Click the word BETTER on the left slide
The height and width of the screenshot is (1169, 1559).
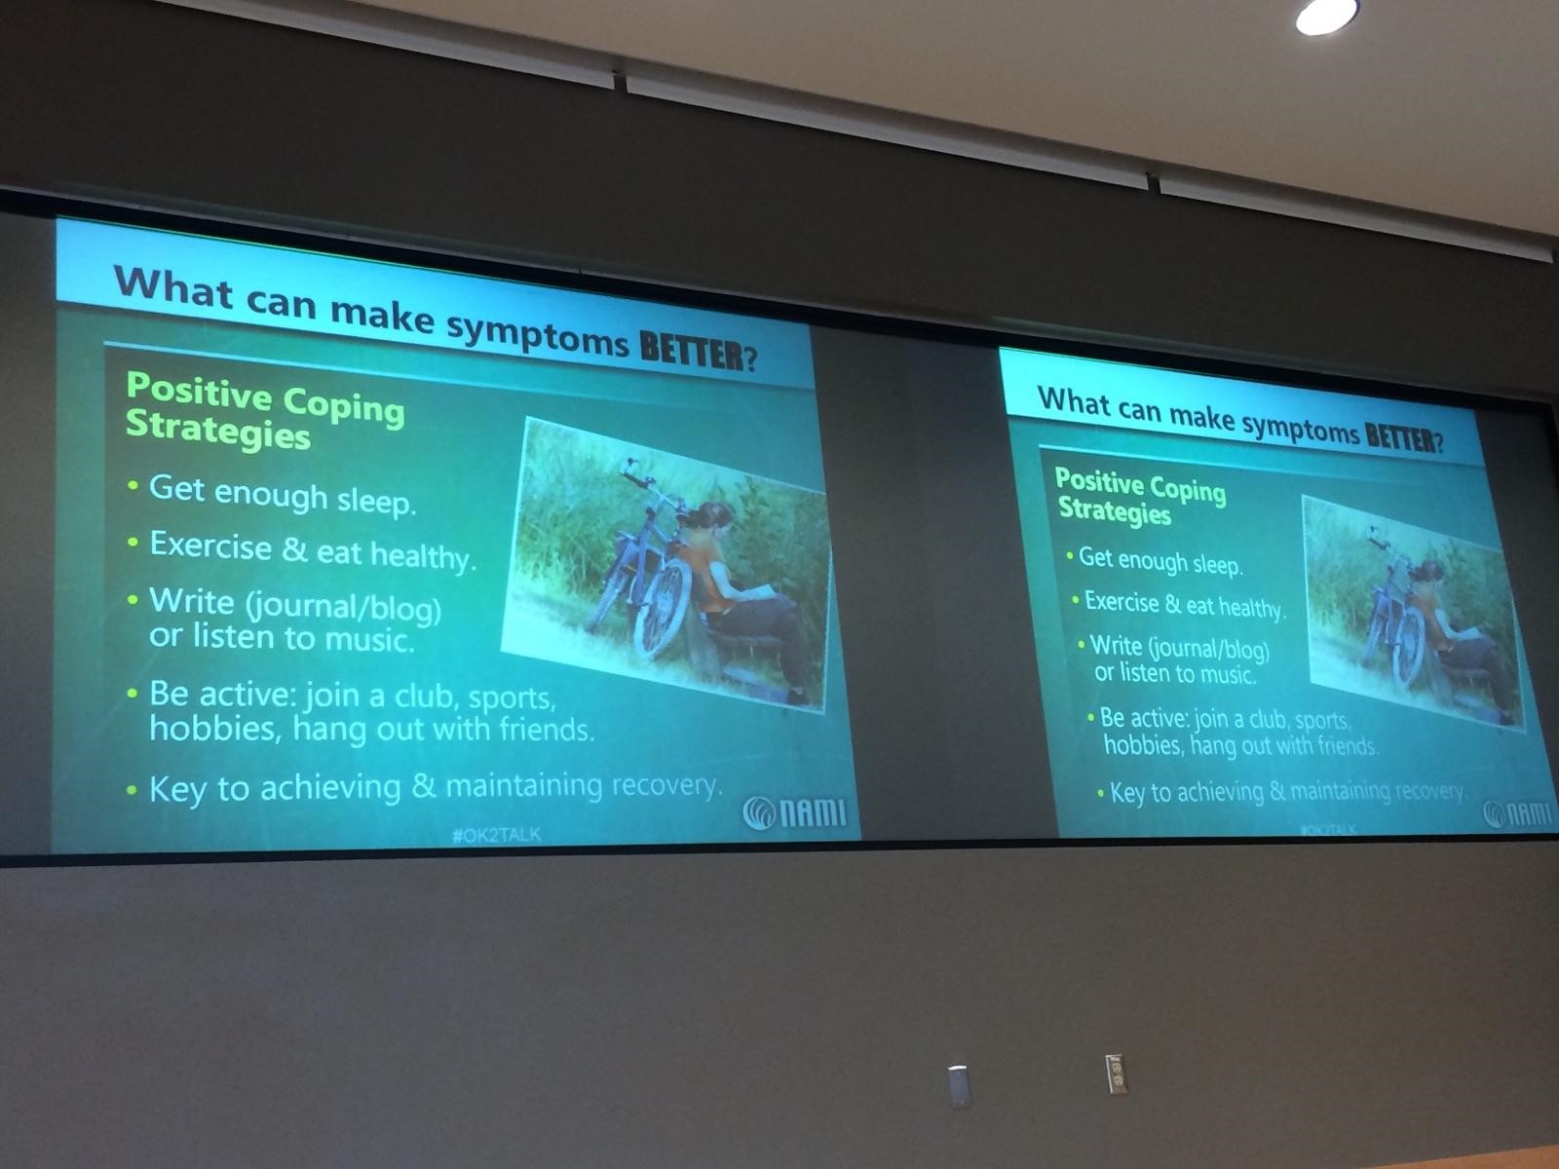click(692, 350)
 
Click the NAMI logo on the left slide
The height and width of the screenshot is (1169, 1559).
click(795, 812)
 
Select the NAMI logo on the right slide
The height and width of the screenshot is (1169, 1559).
click(1518, 813)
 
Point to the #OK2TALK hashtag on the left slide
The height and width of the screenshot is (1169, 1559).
click(497, 835)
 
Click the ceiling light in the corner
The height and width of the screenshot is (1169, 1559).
click(1325, 16)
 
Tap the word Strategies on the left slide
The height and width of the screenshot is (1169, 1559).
click(218, 429)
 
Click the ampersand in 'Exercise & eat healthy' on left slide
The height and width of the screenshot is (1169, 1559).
click(294, 547)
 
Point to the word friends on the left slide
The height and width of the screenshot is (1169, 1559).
click(547, 729)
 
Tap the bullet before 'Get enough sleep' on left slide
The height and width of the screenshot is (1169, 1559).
click(133, 486)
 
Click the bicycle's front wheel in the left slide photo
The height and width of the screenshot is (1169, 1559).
click(662, 609)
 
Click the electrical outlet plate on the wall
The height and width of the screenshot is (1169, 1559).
click(1116, 1075)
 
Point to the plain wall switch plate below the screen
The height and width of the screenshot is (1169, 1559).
click(958, 1086)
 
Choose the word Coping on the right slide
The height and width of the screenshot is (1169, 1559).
click(1188, 490)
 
